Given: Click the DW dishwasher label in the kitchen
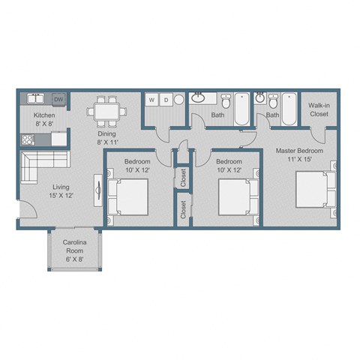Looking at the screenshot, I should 58,99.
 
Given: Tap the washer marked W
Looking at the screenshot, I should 152,99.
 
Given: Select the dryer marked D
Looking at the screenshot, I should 166,99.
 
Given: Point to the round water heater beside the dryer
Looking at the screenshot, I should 178,99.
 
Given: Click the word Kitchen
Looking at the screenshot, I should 44,115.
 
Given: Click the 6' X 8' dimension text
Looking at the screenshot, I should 73,259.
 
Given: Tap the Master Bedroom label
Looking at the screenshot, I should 299,151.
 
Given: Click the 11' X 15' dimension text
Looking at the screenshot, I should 299,159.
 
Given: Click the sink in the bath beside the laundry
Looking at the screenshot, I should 200,97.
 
